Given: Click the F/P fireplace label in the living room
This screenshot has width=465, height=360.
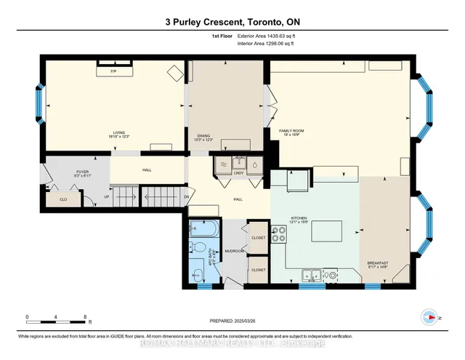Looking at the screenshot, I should point(113,72).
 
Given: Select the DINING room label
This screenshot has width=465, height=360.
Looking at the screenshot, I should point(203,136).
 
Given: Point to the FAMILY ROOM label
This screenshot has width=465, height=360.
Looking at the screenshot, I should point(291,131).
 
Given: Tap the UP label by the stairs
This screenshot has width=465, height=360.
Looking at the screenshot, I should point(108,197).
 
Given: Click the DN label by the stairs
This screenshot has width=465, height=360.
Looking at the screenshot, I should point(186,197).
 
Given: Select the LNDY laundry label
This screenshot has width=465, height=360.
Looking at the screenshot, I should point(238,172).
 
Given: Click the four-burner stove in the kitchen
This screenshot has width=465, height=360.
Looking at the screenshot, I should point(278,235).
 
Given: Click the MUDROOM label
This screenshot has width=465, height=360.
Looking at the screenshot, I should point(233,251).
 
